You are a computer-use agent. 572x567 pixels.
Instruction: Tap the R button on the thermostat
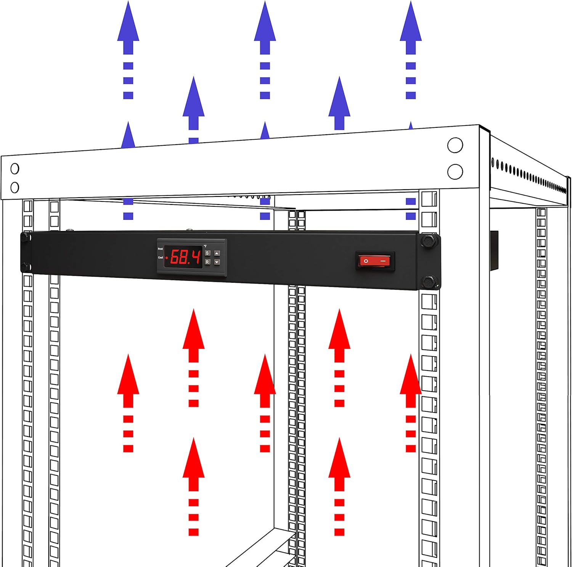[x=207, y=262]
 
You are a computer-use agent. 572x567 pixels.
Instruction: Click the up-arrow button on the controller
[x=217, y=253]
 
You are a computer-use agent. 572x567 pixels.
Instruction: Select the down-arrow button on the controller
[x=217, y=262]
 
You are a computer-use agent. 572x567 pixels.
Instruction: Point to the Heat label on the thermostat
[x=160, y=249]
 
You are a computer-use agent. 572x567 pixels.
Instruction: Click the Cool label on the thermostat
[x=160, y=258]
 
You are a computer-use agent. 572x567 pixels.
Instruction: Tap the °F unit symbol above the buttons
[x=205, y=246]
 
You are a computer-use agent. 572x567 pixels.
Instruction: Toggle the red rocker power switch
[x=375, y=261]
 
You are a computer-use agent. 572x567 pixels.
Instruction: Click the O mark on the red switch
[x=366, y=261]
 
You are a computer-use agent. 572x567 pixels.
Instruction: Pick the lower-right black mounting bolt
[x=429, y=282]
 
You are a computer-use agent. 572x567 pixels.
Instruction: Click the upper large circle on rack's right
[x=455, y=145]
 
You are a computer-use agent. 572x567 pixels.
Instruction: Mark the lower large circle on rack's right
[x=455, y=172]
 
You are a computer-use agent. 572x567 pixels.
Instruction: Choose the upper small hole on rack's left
[x=15, y=168]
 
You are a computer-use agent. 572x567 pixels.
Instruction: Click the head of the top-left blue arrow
[x=128, y=21]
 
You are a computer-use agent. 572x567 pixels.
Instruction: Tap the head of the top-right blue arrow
[x=411, y=21]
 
